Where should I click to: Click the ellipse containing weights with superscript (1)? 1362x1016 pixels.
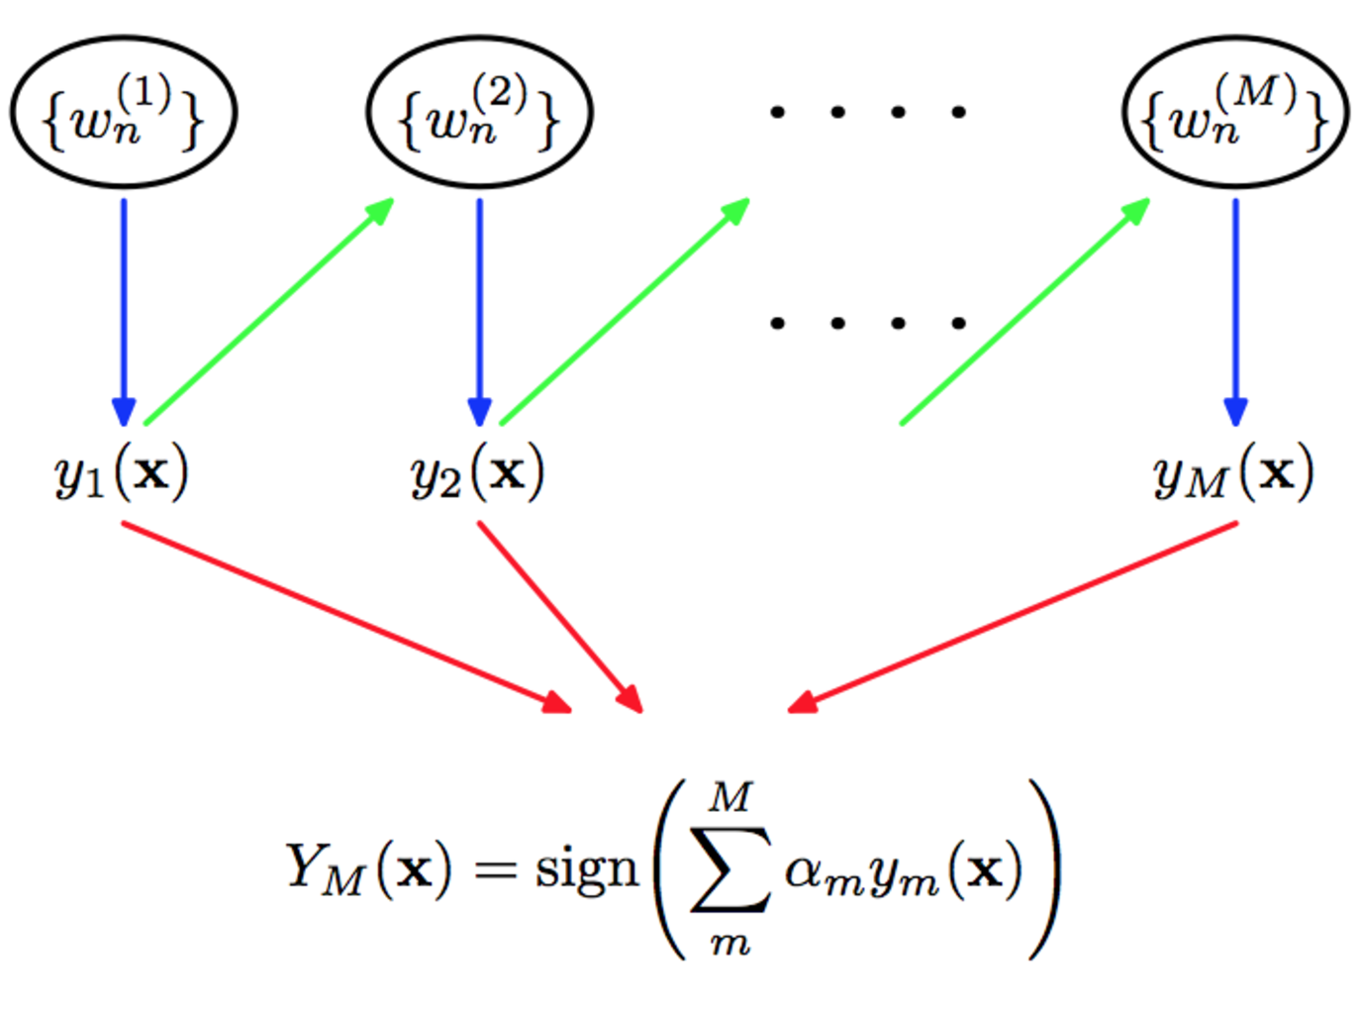click(124, 112)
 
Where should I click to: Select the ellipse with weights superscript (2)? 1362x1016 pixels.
click(479, 112)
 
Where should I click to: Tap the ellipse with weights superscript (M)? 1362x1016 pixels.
click(1234, 112)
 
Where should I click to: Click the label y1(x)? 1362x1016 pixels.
click(122, 473)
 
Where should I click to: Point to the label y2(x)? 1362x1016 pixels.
click(478, 473)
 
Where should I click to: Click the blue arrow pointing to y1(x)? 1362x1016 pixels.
click(124, 307)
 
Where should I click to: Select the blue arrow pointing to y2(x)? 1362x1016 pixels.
click(479, 307)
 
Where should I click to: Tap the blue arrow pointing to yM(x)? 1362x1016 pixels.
click(1235, 307)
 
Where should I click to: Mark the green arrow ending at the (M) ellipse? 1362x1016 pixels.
click(1024, 313)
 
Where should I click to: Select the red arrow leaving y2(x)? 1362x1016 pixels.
click(559, 616)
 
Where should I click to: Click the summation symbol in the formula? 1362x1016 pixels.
click(730, 869)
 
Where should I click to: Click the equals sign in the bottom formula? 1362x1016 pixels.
click(495, 870)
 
